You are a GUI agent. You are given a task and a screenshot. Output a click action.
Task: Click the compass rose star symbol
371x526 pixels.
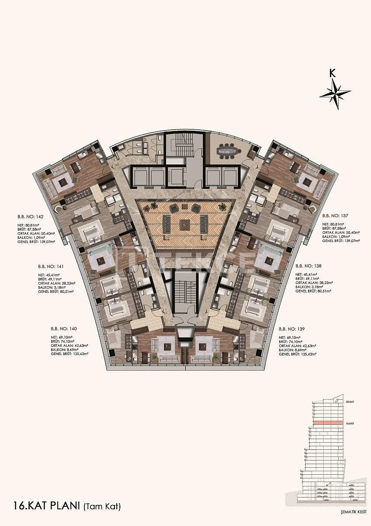click(x=335, y=93)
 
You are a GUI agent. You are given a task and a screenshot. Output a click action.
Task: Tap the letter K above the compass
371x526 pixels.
click(x=333, y=73)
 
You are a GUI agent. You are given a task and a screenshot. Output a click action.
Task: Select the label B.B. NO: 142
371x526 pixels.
click(x=24, y=216)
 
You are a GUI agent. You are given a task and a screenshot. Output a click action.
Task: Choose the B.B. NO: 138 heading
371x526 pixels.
click(x=308, y=266)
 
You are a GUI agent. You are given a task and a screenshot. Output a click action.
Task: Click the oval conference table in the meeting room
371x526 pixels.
click(x=227, y=152)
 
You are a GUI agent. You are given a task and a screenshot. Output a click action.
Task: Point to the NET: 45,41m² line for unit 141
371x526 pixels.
click(x=49, y=275)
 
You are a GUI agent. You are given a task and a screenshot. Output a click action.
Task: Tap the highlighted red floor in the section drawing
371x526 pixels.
click(x=328, y=423)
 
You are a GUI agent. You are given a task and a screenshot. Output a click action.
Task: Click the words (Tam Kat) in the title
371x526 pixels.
click(x=101, y=507)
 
